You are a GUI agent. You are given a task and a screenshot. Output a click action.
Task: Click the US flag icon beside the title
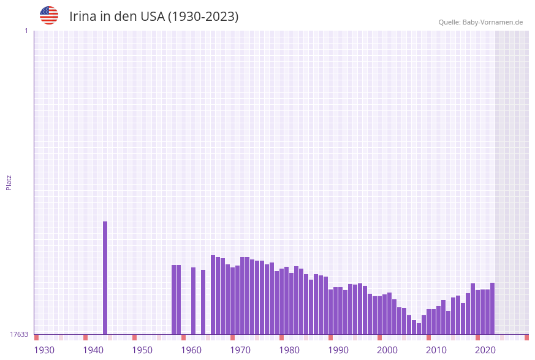coord(49,15)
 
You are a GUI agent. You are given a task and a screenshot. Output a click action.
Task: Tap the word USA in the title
coord(153,17)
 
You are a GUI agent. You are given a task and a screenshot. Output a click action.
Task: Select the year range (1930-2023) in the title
coord(203,17)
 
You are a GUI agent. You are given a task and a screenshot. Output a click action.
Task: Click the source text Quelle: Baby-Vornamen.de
coord(480,22)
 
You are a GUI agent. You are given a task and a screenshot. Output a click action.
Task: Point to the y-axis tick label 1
coord(26,31)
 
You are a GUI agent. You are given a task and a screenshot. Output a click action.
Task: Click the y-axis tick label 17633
coord(19,334)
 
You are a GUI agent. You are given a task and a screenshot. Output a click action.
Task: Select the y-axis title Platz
coord(9,182)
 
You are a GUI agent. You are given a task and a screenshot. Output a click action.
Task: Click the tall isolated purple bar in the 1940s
coord(105,277)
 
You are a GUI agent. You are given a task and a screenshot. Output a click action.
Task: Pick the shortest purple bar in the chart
coord(419,329)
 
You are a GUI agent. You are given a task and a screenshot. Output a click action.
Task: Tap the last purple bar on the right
coord(492,308)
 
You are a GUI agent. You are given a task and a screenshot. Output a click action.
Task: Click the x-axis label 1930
coord(44,350)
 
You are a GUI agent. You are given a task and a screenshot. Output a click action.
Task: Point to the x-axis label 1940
coord(93,350)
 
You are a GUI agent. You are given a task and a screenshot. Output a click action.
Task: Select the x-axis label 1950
coord(142,350)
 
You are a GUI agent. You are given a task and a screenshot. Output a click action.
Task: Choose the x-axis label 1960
coord(191,350)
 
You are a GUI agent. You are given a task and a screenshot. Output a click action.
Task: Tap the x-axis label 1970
coord(240,350)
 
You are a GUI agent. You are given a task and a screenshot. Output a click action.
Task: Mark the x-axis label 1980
coord(289,350)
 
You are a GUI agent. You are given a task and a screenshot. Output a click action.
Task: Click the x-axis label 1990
coord(338,350)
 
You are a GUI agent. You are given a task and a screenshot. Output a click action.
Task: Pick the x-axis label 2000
coord(387,350)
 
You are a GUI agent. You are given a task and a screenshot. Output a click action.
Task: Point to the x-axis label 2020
coord(485,350)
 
